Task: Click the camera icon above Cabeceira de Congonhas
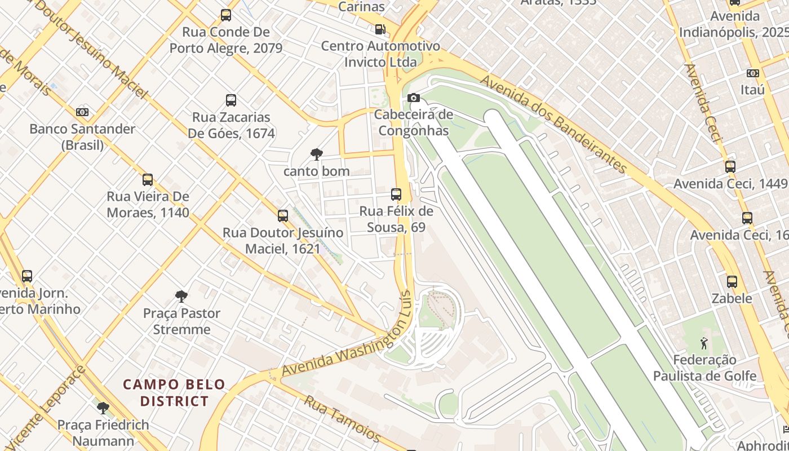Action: pyautogui.click(x=413, y=98)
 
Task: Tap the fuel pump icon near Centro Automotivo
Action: pyautogui.click(x=380, y=29)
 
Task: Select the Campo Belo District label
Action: pyautogui.click(x=174, y=393)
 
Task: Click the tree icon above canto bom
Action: pyautogui.click(x=316, y=154)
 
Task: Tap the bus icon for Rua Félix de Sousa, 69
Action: pyautogui.click(x=396, y=194)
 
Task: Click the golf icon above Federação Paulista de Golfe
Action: pyautogui.click(x=703, y=343)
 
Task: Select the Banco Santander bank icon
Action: pyautogui.click(x=82, y=112)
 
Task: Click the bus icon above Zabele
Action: pyautogui.click(x=732, y=281)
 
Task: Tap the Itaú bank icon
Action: pyautogui.click(x=752, y=73)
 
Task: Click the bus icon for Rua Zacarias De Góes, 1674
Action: pyautogui.click(x=231, y=100)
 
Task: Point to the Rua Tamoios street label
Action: pyautogui.click(x=343, y=419)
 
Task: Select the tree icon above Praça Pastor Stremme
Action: pyautogui.click(x=181, y=296)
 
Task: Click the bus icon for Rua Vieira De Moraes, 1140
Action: pyautogui.click(x=148, y=180)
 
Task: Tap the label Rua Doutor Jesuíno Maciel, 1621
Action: pyautogui.click(x=283, y=240)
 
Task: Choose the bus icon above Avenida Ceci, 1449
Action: pyautogui.click(x=730, y=167)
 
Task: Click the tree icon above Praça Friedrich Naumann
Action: pyautogui.click(x=103, y=408)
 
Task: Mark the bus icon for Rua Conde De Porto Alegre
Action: pyautogui.click(x=226, y=15)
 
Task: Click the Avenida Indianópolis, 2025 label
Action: pyautogui.click(x=733, y=24)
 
